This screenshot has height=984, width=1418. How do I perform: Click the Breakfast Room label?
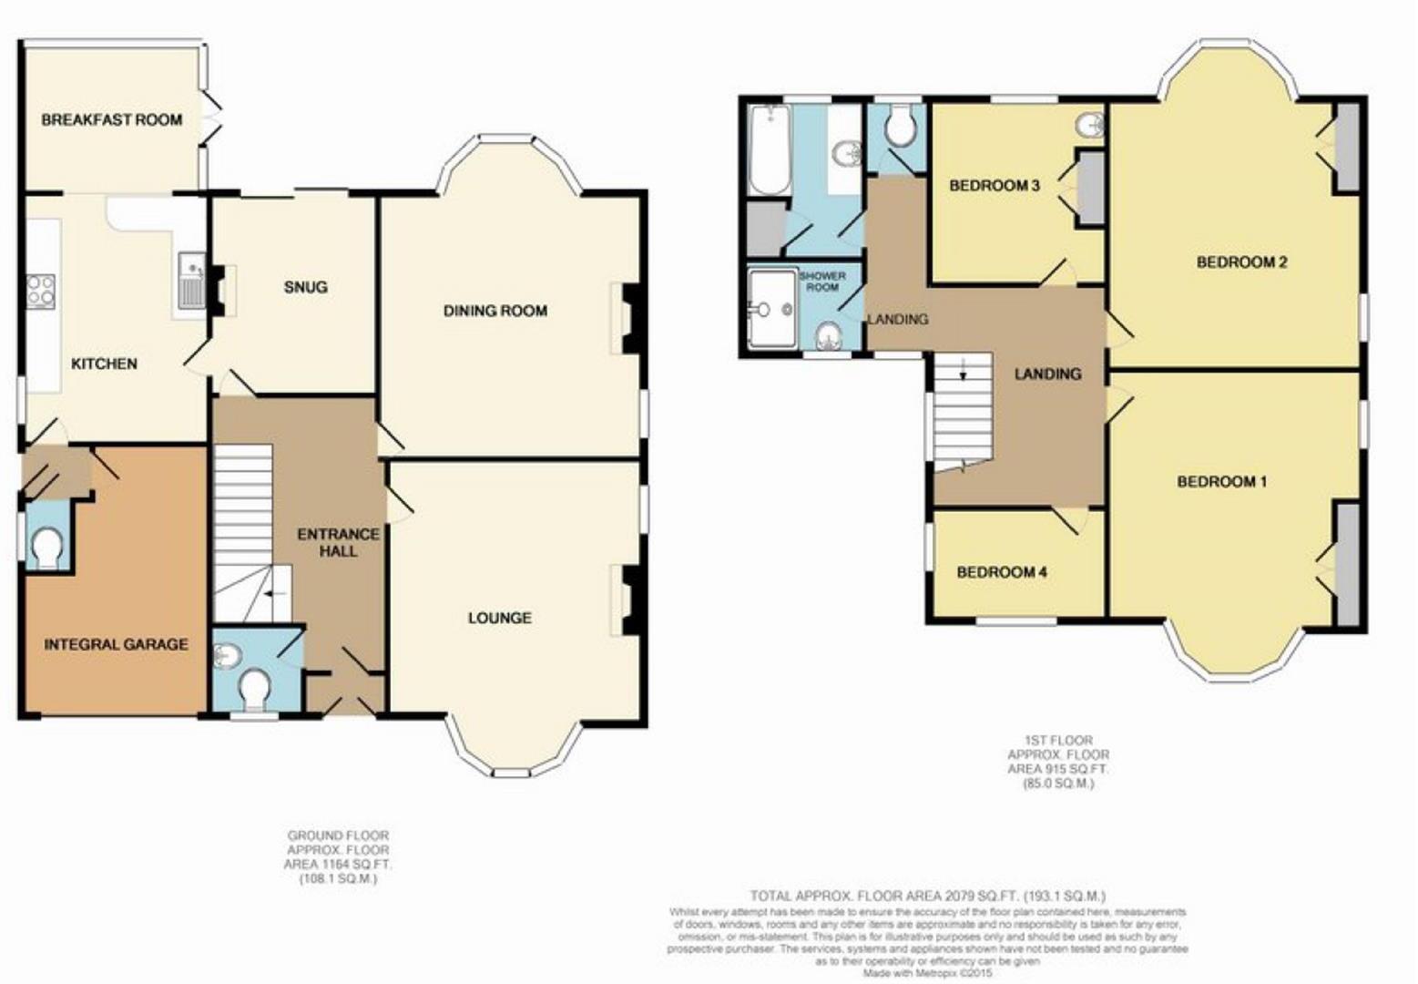click(111, 119)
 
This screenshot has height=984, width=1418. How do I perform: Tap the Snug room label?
click(305, 287)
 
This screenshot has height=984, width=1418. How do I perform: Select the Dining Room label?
click(495, 311)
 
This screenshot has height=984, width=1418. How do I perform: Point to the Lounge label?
click(499, 618)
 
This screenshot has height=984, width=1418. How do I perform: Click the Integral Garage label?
click(116, 644)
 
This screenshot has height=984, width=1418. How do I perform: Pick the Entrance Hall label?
click(338, 542)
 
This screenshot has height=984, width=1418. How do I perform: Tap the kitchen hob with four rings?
click(41, 291)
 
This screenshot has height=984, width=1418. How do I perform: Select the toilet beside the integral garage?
click(46, 548)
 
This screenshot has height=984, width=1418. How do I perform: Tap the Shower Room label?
click(821, 281)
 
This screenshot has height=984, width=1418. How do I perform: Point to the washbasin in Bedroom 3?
click(1089, 125)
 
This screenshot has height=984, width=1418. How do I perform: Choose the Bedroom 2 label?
click(1241, 262)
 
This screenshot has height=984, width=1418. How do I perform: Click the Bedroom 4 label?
click(1001, 572)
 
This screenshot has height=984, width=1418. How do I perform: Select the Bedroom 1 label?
click(1221, 481)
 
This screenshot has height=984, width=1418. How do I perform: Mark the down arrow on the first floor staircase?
click(963, 371)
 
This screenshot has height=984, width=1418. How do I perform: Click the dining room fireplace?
click(632, 318)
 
